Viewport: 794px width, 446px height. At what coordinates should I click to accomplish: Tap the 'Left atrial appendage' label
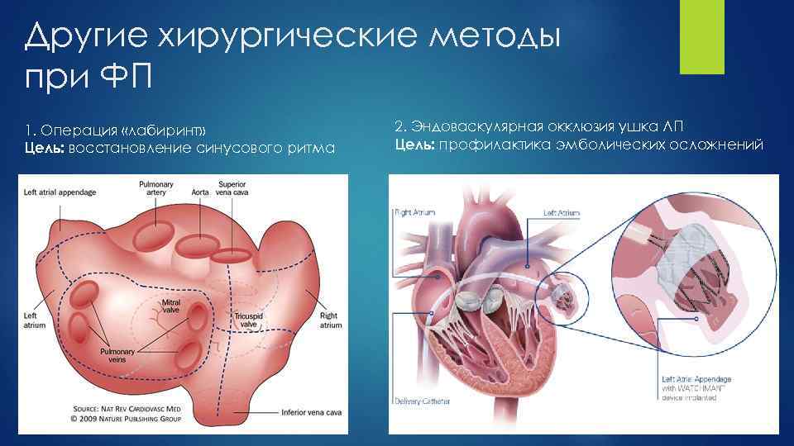(x=59, y=192)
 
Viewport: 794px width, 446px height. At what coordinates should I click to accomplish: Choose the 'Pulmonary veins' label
(x=116, y=354)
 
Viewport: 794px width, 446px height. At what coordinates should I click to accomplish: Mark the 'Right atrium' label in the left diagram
(x=330, y=320)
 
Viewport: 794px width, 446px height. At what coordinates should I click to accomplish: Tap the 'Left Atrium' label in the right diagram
(x=562, y=212)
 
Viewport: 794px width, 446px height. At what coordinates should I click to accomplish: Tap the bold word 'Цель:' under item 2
(x=414, y=146)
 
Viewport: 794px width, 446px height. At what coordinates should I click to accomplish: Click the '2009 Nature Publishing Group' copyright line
(x=124, y=418)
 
